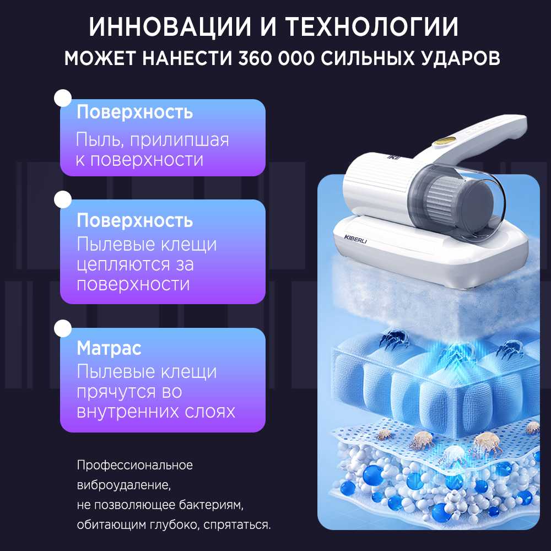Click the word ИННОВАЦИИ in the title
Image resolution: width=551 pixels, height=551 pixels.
click(x=170, y=26)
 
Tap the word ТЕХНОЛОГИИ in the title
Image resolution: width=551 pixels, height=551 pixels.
click(x=371, y=26)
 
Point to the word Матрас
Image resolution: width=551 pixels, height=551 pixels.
click(x=109, y=348)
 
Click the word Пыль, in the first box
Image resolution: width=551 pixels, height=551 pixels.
click(x=99, y=140)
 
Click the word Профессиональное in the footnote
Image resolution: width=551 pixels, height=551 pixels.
click(x=135, y=465)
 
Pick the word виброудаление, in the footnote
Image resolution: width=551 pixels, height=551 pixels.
click(x=124, y=485)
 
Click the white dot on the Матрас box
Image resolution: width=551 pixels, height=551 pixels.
click(x=63, y=328)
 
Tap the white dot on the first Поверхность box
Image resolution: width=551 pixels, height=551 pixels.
click(x=63, y=98)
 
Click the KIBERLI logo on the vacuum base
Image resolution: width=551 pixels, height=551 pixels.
click(x=355, y=239)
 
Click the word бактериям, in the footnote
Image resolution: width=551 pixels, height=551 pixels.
click(x=211, y=505)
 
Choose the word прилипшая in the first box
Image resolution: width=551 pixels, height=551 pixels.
click(x=180, y=140)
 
